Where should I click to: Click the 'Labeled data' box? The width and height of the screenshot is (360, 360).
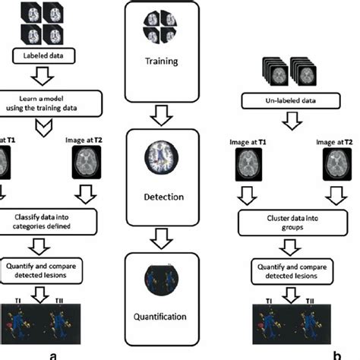point(42,55)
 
